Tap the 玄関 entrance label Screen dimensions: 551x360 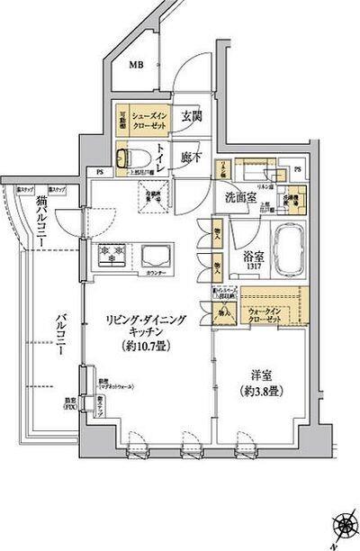pos(190,115)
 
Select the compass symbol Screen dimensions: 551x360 pos(344,525)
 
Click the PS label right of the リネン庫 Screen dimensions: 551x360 pos(298,168)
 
